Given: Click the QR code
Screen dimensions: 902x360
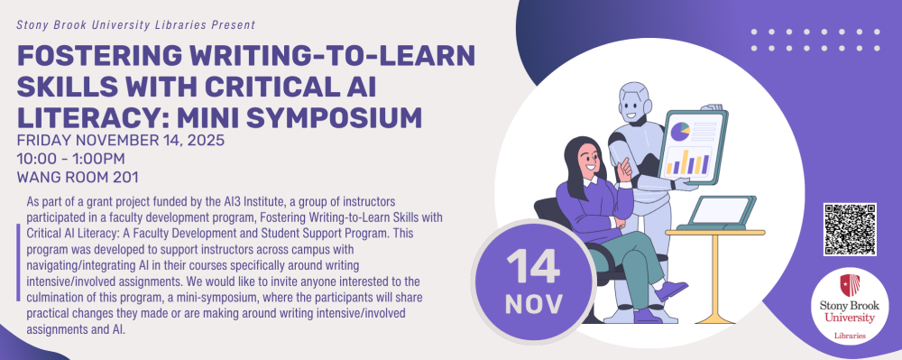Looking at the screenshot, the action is coord(850,229).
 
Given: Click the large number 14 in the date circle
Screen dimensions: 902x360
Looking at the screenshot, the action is coord(533,266).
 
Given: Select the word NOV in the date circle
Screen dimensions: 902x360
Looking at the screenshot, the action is coord(533,304).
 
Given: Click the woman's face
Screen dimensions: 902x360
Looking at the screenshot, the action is coord(589,159).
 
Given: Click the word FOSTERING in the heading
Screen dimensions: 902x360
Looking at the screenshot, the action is coord(96,56).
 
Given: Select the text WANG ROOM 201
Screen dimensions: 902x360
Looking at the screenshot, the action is coord(78,177).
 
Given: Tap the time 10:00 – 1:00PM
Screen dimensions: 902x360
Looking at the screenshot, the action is coord(70,159).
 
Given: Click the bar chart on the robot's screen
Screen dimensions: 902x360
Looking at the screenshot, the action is coord(688,162).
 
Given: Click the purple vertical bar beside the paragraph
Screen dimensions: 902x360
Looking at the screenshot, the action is coord(18,263).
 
